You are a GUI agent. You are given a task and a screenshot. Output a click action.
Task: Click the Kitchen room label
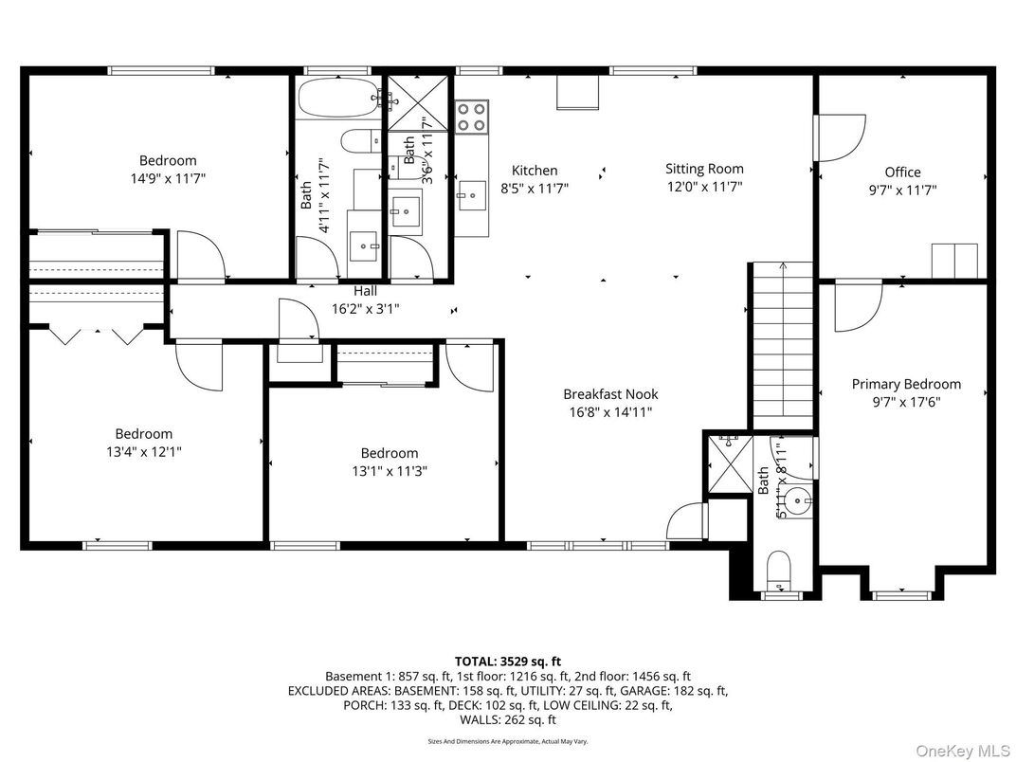tap(535, 171)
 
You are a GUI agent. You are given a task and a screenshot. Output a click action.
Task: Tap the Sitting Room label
tap(703, 169)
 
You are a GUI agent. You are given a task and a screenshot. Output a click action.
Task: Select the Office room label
tap(902, 172)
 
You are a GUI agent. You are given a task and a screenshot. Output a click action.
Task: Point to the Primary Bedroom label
tap(905, 384)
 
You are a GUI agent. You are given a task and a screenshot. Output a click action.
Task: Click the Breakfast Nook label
tap(610, 394)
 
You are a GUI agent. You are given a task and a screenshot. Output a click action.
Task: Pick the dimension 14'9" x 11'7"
tap(168, 178)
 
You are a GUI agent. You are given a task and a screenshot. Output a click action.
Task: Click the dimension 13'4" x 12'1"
tap(143, 452)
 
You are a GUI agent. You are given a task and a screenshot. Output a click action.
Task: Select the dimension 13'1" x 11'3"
tap(389, 471)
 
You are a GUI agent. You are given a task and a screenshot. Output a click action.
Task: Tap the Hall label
tap(366, 291)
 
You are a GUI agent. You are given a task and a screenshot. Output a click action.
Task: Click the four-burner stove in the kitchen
tap(472, 117)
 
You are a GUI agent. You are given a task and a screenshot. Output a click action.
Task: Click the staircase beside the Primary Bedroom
tap(782, 346)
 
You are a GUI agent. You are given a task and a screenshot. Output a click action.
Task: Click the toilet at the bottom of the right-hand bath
tap(779, 569)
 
